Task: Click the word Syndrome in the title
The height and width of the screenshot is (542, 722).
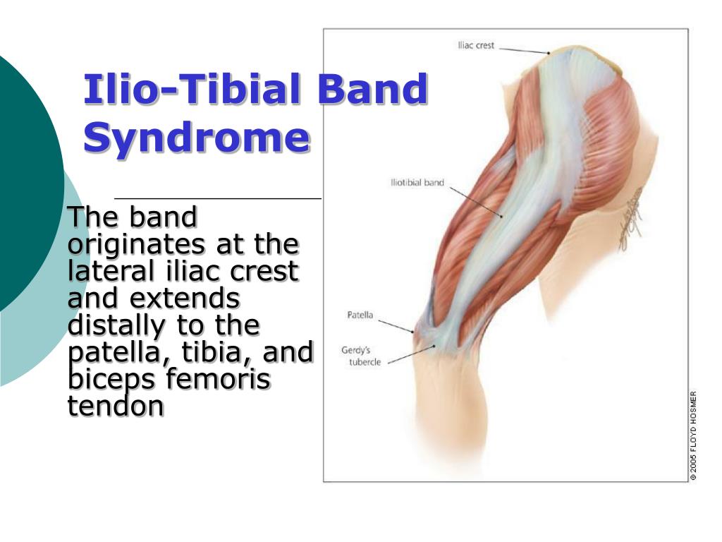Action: [x=197, y=138]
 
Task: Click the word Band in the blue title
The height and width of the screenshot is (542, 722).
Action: [x=374, y=88]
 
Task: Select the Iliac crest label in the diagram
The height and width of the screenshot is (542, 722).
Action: [x=476, y=45]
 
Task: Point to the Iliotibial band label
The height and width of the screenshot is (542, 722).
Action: [x=417, y=183]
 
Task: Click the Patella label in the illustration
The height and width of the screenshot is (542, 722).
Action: [x=360, y=315]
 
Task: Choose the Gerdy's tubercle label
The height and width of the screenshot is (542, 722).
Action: [x=362, y=356]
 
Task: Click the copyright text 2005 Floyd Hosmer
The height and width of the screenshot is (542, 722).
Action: [x=694, y=436]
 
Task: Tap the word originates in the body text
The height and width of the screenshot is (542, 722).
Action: [x=137, y=244]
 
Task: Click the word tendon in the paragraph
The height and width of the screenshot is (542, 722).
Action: [x=116, y=406]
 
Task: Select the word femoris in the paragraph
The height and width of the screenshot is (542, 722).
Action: [x=218, y=378]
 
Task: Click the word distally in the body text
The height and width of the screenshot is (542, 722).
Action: [x=116, y=325]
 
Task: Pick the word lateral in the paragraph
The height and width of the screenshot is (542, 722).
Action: [x=111, y=270]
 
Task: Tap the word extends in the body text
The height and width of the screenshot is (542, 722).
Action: [x=185, y=299]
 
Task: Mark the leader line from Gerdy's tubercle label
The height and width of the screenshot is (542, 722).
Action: [x=411, y=354]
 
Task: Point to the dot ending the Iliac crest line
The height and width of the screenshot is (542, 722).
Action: [x=549, y=53]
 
